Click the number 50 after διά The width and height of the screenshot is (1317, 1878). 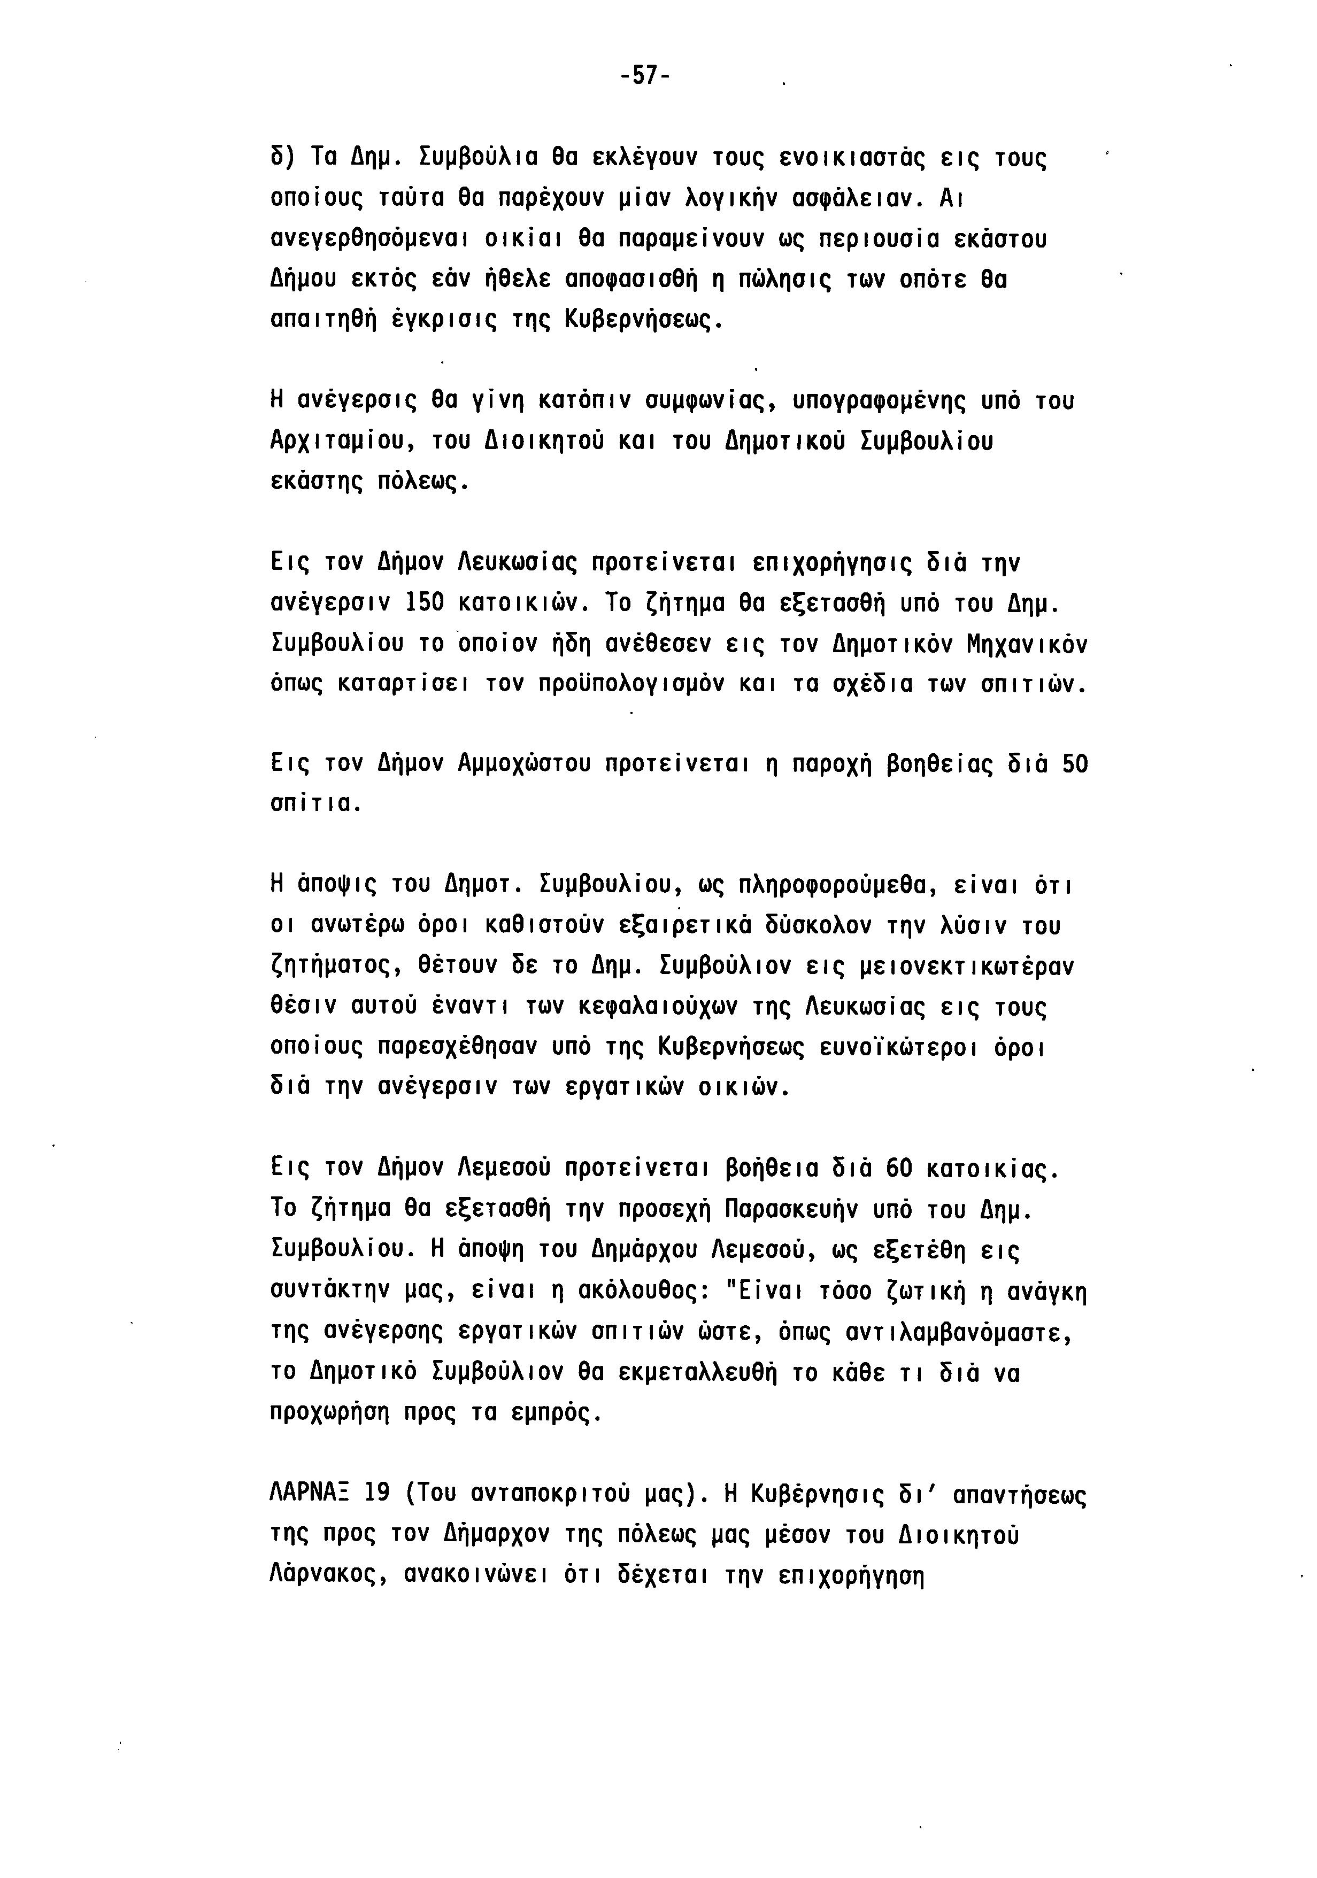pos(1074,764)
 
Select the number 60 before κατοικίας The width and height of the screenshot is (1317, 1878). pos(898,1168)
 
